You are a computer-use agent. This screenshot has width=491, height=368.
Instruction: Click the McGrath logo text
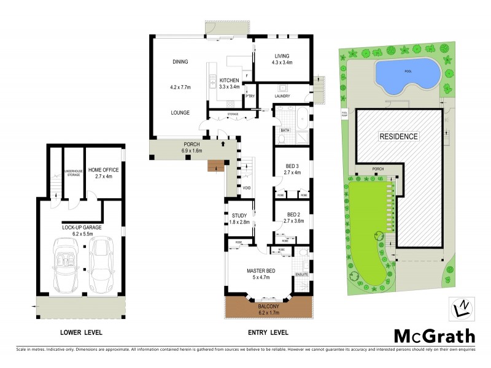pos(434,335)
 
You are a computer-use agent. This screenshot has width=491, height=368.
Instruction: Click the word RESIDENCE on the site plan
pos(398,136)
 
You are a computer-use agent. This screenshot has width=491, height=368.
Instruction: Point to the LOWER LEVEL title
pos(80,332)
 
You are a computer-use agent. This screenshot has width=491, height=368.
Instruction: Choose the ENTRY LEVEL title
pos(268,332)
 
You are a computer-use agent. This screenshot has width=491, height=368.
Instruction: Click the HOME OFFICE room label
pos(103,173)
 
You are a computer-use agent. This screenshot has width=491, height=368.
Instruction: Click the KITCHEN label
pos(229,80)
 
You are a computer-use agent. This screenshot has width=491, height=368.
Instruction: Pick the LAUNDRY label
pos(282,96)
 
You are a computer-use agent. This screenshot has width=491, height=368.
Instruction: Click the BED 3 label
pos(292,166)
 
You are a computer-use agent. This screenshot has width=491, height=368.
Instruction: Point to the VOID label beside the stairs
pos(247,188)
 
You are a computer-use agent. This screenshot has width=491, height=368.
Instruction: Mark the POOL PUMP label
pos(344,114)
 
